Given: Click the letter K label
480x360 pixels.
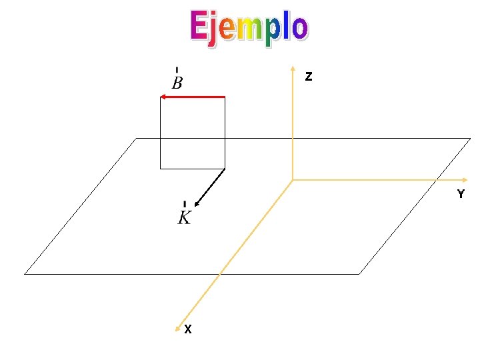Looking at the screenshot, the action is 185,217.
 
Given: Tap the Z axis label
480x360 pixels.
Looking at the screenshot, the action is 308,77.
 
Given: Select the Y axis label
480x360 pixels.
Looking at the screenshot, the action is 460,195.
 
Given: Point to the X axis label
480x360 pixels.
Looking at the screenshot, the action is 189,329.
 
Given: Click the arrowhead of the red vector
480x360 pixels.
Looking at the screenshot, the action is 163,97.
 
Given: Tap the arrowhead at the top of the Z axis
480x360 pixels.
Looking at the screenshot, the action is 293,68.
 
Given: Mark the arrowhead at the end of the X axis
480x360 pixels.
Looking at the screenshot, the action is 178,327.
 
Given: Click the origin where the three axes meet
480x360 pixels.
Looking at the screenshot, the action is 293,180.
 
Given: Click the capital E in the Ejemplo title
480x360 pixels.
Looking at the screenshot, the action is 199,27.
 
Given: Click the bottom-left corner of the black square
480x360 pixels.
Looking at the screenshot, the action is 160,169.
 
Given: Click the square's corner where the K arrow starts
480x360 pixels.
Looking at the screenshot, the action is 225,169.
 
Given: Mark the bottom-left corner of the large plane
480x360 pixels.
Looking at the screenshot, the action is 25,273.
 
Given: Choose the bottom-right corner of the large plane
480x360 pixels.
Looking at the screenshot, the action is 359,273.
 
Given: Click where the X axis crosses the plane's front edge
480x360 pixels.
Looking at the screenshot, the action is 220,273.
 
